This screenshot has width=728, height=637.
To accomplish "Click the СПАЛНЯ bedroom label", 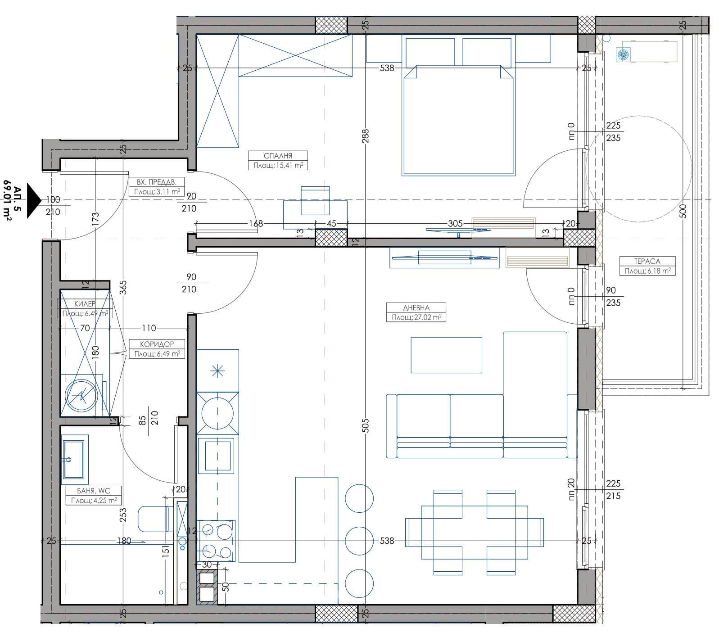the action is (x=278, y=156).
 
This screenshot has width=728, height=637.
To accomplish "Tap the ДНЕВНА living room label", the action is (x=416, y=308).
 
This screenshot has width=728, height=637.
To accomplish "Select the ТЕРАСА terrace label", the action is (x=647, y=261).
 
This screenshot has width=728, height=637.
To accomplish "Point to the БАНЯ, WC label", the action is (x=94, y=491).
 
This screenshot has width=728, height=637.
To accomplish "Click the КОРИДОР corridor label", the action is (x=157, y=344).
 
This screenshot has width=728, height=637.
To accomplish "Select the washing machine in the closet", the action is (x=81, y=395).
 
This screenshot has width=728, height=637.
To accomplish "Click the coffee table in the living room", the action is (x=446, y=355).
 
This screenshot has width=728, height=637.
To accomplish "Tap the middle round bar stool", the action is (x=359, y=541).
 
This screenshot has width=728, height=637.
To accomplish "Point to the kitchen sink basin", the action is (x=219, y=455).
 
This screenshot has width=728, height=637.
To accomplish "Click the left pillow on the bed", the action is (x=430, y=53).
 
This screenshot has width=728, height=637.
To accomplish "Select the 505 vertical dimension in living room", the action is (x=365, y=425).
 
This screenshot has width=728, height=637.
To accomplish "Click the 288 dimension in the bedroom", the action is (x=365, y=136).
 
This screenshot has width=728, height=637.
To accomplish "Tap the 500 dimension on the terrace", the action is (x=683, y=212).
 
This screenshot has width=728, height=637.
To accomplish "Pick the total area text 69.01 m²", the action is (x=7, y=200).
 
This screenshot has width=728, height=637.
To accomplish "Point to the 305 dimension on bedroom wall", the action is (x=456, y=224).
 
